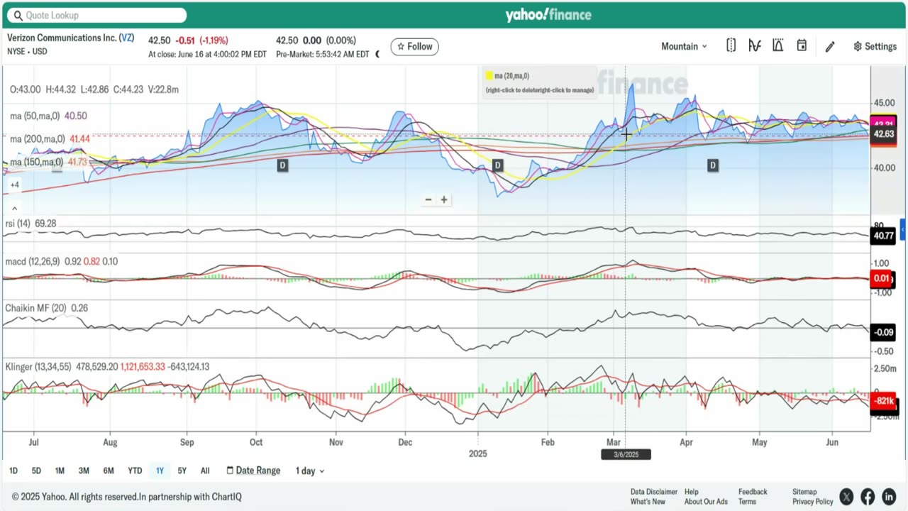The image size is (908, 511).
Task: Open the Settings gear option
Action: pos(875,46)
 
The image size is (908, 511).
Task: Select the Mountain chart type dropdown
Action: pos(684,46)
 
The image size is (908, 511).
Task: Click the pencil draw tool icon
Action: pos(830,46)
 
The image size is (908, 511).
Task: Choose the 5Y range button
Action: pos(182,471)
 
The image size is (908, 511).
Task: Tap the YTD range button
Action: pos(135,471)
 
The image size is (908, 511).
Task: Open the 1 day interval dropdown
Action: pos(310,471)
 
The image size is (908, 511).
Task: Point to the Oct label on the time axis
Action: pos(256,442)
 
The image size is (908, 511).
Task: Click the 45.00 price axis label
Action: pos(884,102)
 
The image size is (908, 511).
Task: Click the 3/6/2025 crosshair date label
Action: pos(626,454)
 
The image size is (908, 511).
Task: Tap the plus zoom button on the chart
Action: pos(444,199)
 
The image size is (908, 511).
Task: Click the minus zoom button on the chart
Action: pos(428,199)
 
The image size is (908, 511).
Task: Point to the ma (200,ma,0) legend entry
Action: pos(37,139)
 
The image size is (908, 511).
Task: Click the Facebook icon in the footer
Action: pos(867,497)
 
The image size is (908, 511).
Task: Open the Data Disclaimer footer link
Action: pos(653,492)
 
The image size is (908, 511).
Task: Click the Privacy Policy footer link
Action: pos(813,502)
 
